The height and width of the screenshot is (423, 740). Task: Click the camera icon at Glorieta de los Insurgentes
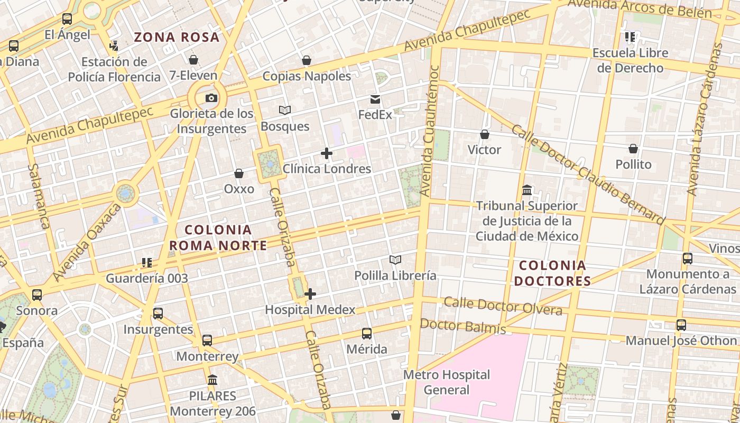[211, 98]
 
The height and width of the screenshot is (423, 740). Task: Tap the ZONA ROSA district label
[177, 37]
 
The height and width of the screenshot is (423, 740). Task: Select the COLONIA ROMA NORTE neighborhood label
[218, 237]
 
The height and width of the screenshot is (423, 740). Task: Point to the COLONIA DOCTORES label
[552, 273]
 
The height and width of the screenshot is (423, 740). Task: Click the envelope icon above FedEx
[375, 99]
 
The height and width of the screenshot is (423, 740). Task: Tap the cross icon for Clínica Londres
[327, 154]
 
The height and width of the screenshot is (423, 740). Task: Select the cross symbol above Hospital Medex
[310, 294]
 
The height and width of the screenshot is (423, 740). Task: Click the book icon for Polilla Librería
[395, 260]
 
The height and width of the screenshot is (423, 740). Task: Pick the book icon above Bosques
[285, 111]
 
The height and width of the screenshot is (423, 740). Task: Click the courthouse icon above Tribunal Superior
[527, 190]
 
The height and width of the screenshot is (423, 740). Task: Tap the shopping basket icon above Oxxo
[239, 173]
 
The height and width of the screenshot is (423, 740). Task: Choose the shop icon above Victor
[484, 134]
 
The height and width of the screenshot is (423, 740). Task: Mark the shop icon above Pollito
[633, 149]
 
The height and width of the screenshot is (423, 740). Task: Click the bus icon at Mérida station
[367, 334]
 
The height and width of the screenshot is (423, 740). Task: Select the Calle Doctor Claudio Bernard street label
[587, 174]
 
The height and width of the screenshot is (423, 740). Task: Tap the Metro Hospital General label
[447, 382]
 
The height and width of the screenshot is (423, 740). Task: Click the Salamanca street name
[39, 196]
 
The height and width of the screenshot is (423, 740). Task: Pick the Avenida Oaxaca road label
[87, 243]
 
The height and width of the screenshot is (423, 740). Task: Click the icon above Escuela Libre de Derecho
[630, 37]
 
